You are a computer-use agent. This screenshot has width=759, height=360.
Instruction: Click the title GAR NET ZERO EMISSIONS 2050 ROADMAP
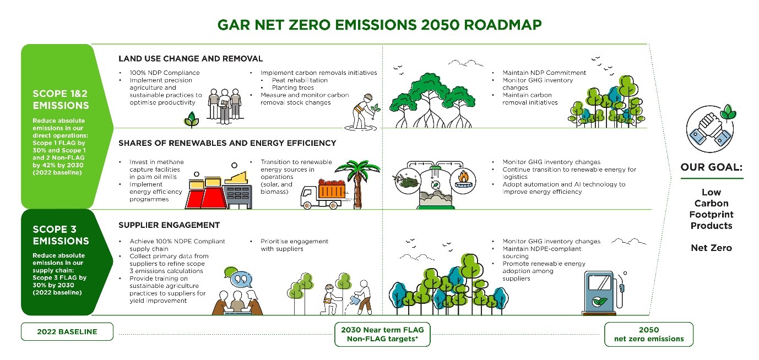[x=379, y=25]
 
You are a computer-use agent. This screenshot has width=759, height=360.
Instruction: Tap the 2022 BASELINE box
[x=67, y=332]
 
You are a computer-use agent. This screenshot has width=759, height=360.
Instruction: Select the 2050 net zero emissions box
[x=648, y=334]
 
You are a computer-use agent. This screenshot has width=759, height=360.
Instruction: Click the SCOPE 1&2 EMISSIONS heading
[x=60, y=100]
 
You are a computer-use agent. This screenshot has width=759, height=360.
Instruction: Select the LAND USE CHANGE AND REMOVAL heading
[x=191, y=58]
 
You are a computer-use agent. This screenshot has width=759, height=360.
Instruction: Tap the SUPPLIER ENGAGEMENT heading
[x=169, y=225]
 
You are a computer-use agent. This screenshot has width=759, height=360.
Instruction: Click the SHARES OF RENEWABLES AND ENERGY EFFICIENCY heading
[x=227, y=143]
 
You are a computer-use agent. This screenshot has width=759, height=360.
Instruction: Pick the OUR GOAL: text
[x=711, y=167]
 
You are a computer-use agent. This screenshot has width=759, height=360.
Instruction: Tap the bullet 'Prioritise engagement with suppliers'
[x=294, y=245]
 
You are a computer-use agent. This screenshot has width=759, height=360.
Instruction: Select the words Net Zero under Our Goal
[x=711, y=248]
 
